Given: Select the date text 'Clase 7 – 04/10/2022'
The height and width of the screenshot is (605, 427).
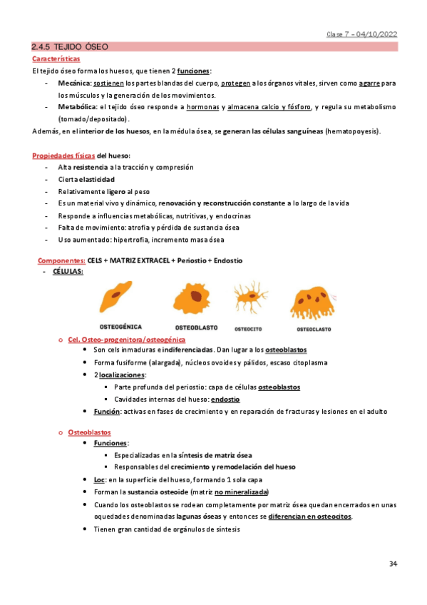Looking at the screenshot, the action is (x=361, y=34).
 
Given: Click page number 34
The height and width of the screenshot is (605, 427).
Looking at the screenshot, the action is (x=393, y=564).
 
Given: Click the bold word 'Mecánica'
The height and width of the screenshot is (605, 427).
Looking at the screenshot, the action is (x=74, y=83).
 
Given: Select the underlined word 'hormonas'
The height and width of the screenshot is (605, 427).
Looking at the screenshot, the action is (x=202, y=107).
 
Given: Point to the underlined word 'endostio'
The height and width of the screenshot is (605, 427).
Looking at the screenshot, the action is (x=224, y=400).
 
